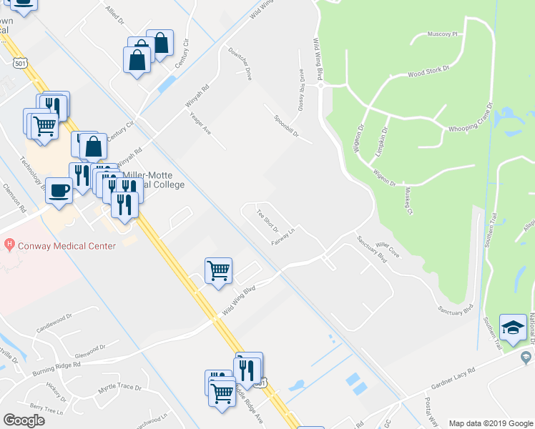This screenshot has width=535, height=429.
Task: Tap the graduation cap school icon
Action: coord(513,328)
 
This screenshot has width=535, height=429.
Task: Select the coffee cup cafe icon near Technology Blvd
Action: coord(59,191)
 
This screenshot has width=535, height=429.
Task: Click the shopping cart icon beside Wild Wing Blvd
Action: coord(218,271)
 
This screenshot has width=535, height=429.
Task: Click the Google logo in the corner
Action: coord(24,420)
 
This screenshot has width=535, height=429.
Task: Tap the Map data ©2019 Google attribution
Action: coord(491,423)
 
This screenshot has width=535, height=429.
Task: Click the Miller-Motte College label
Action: coord(154,179)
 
